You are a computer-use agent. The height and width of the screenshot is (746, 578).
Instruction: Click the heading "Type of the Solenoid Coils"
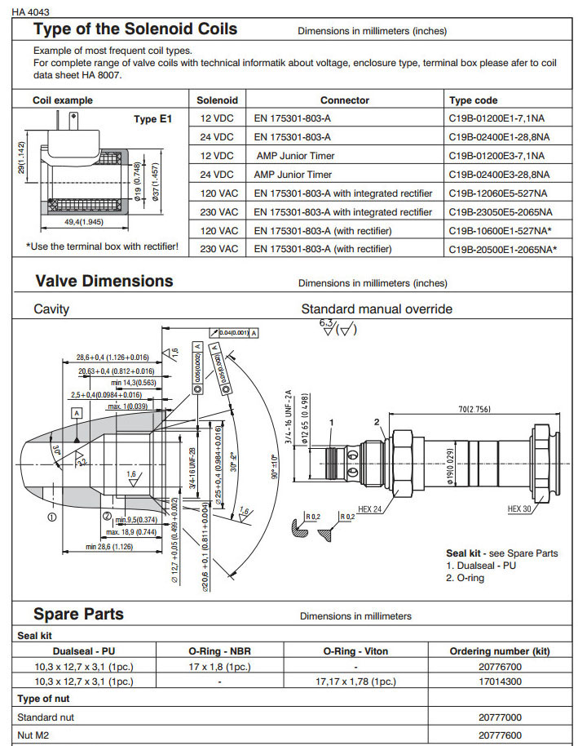(x=135, y=29)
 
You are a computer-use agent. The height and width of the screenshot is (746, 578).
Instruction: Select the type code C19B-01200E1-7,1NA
(x=496, y=118)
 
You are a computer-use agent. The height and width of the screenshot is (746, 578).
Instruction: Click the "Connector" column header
(x=344, y=100)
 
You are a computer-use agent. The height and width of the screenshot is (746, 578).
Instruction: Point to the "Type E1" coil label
(x=153, y=119)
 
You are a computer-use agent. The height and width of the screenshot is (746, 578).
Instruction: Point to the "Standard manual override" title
(x=377, y=309)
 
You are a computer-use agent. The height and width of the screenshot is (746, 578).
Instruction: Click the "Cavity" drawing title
(x=51, y=309)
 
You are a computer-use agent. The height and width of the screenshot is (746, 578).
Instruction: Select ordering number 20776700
(x=500, y=667)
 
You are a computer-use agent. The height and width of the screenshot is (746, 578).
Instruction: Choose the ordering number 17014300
(x=500, y=681)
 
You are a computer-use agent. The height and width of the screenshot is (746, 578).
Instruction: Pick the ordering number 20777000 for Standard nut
(x=500, y=717)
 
